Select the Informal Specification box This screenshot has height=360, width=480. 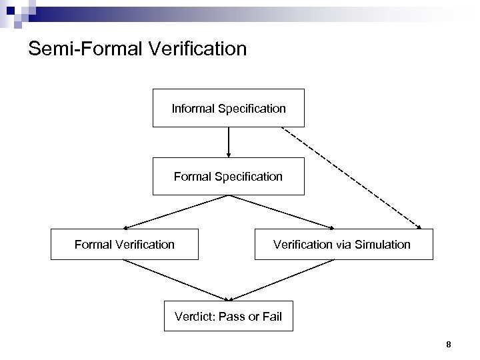(229, 107)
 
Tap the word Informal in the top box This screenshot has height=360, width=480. (192, 108)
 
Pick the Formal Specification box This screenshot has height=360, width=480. (229, 177)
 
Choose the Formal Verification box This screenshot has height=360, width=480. (125, 244)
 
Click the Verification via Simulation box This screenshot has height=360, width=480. (343, 244)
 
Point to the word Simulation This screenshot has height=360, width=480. (383, 245)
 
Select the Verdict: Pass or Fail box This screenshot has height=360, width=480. (229, 315)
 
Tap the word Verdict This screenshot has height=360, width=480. (193, 316)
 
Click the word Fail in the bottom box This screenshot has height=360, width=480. (272, 316)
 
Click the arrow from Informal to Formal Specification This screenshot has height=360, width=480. (229, 141)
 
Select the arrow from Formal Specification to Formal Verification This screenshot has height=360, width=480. (177, 211)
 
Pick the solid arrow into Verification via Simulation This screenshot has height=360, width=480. (283, 212)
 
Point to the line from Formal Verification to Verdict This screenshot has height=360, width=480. (177, 279)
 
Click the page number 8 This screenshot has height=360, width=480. (449, 345)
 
